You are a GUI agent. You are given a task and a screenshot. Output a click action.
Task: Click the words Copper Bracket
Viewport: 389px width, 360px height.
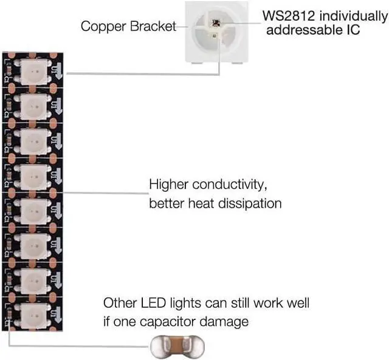pyautogui.click(x=127, y=26)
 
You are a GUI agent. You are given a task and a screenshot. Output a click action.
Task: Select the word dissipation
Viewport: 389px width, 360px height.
pyautogui.click(x=247, y=203)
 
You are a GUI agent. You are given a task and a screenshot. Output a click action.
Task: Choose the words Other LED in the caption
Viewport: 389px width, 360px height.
pyautogui.click(x=130, y=302)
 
